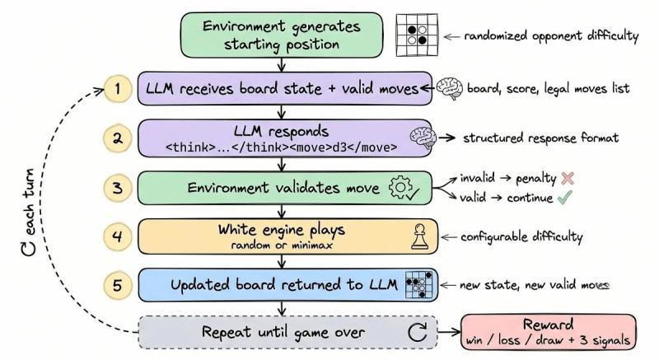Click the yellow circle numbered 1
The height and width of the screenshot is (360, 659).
point(118,89)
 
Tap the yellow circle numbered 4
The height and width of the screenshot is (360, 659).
point(118,236)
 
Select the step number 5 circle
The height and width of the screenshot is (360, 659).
point(118,286)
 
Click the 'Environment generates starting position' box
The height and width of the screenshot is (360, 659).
point(282,35)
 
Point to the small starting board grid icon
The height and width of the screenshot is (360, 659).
point(417,35)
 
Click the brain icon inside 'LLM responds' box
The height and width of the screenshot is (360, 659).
point(423,138)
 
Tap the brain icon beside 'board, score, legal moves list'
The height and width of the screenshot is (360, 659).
point(449,88)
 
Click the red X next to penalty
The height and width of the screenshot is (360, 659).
point(568,178)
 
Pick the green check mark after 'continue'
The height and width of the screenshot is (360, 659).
point(564,197)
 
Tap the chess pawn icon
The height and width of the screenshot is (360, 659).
point(420,236)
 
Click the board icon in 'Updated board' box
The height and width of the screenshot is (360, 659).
point(419,285)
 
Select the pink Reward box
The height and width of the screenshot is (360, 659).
point(549,332)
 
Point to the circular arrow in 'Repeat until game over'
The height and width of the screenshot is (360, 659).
point(418,332)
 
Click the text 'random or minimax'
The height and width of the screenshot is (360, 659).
point(282,245)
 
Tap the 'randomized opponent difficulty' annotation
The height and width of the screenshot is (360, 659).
point(551,36)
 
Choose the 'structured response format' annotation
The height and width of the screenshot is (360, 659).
point(541,138)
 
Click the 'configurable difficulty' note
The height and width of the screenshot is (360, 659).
point(521,237)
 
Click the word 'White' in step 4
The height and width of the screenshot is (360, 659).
point(236,229)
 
